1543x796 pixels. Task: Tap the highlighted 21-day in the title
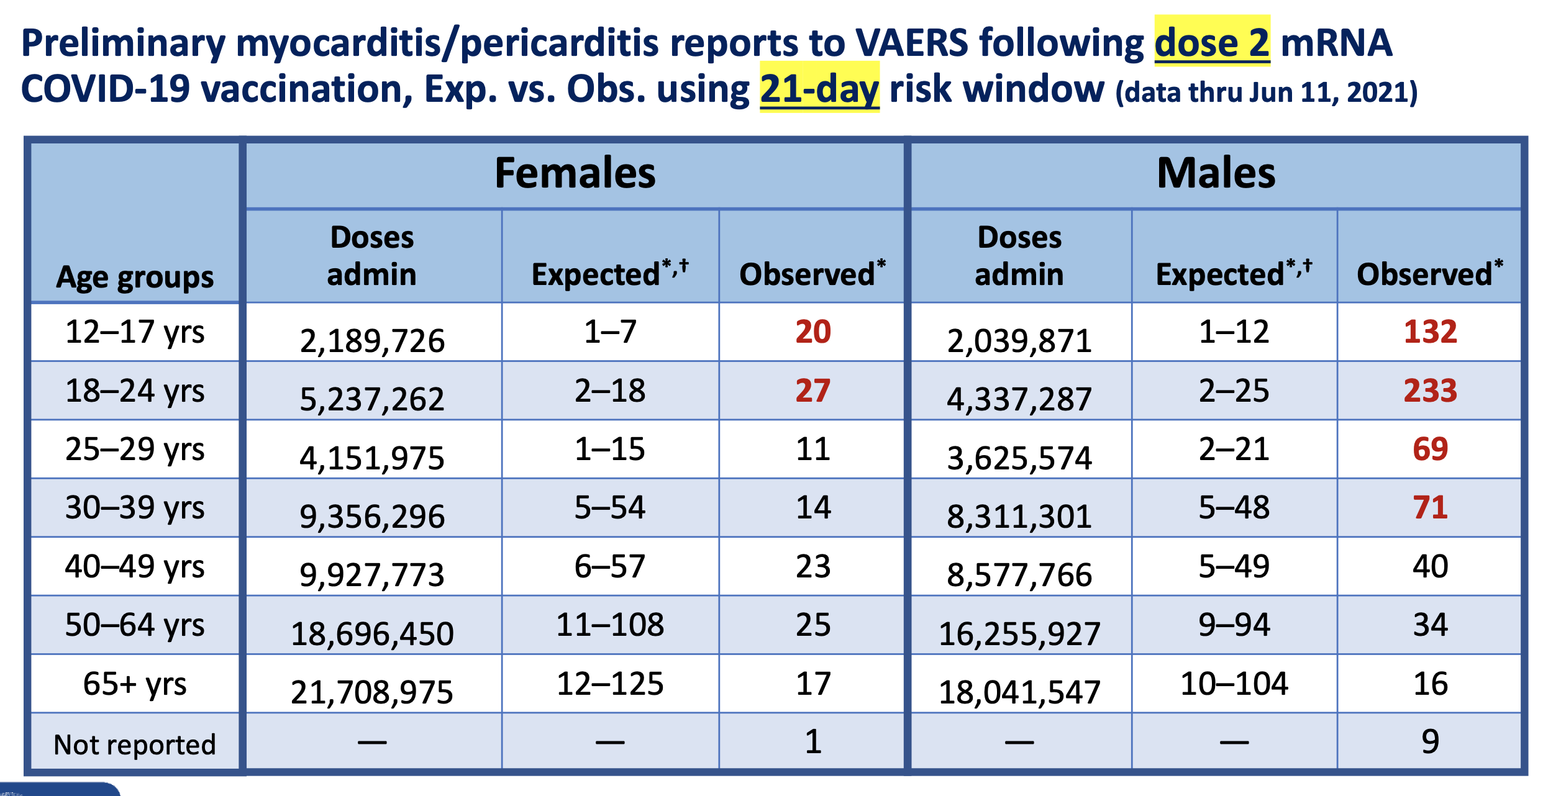coord(819,89)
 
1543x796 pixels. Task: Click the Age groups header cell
coord(135,277)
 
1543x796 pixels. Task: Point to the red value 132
coord(1430,332)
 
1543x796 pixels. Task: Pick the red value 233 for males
coord(1430,391)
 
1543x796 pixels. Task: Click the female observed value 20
coord(812,332)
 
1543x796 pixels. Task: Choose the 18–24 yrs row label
coord(135,391)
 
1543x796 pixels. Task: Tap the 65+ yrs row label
coord(135,684)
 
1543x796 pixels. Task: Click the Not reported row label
coord(135,744)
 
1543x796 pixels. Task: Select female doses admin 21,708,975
coord(372,692)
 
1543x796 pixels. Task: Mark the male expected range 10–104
coord(1234,684)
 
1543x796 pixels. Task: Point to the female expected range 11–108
coord(610,625)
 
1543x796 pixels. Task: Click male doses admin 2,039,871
coord(1019,340)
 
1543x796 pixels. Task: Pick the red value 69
coord(1430,449)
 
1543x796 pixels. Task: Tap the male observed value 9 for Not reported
coord(1430,741)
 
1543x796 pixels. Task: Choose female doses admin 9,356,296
coord(372,516)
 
